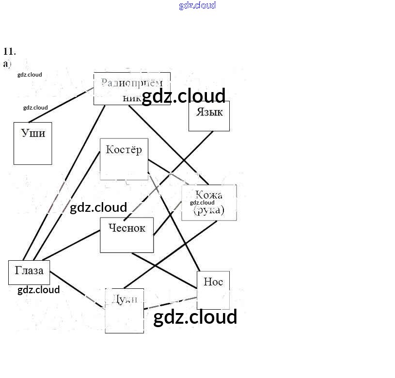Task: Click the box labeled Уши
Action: [32, 143]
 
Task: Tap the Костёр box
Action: [124, 159]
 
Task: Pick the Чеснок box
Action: [126, 235]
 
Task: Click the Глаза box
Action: [29, 272]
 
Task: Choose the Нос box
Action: [213, 290]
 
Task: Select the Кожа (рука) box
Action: [209, 203]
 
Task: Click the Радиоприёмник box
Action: [131, 88]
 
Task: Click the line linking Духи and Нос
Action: [170, 303]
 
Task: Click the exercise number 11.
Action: [9, 51]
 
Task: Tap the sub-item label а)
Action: [7, 63]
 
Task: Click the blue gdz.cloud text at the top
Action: [197, 6]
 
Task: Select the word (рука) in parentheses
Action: [209, 210]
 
